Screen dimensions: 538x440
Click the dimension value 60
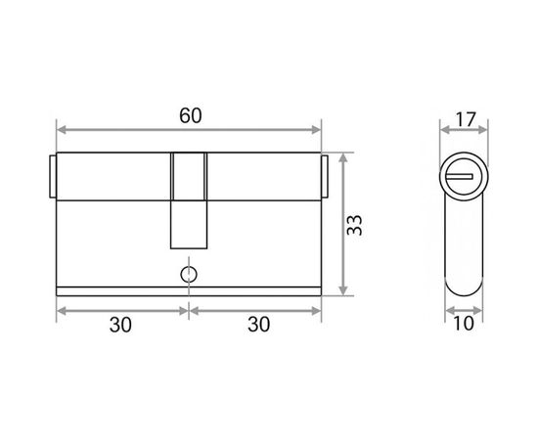pyautogui.click(x=191, y=115)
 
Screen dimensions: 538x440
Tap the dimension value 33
pyautogui.click(x=354, y=225)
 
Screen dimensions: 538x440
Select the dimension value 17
pyautogui.click(x=466, y=119)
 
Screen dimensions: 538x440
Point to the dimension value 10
pyautogui.click(x=464, y=323)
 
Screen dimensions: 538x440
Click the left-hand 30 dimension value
pyautogui.click(x=120, y=325)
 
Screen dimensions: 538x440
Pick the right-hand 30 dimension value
pyautogui.click(x=258, y=325)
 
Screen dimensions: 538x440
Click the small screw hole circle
pyautogui.click(x=189, y=275)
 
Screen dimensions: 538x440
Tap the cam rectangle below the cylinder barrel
pyautogui.click(x=189, y=225)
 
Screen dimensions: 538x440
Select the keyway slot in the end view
pyautogui.click(x=460, y=177)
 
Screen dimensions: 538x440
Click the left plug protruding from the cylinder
pyautogui.click(x=53, y=177)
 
